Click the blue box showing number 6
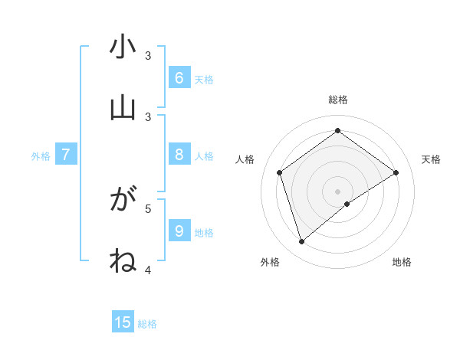pyautogui.click(x=179, y=77)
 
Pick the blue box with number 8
pyautogui.click(x=179, y=155)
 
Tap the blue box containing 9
pyautogui.click(x=179, y=231)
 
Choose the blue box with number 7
pyautogui.click(x=66, y=155)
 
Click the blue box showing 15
pyautogui.click(x=123, y=322)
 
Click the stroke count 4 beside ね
pyautogui.click(x=149, y=270)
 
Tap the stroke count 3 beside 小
pyautogui.click(x=149, y=56)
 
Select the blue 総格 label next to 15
pyautogui.click(x=147, y=324)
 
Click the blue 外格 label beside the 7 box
pyautogui.click(x=41, y=156)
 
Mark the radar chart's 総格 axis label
pyautogui.click(x=338, y=100)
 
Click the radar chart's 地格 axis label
pyautogui.click(x=402, y=262)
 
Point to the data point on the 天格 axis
pyautogui.click(x=396, y=172)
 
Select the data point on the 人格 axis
pyautogui.click(x=280, y=172)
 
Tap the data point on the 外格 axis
pyautogui.click(x=302, y=241)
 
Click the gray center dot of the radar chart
pyautogui.click(x=338, y=191)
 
